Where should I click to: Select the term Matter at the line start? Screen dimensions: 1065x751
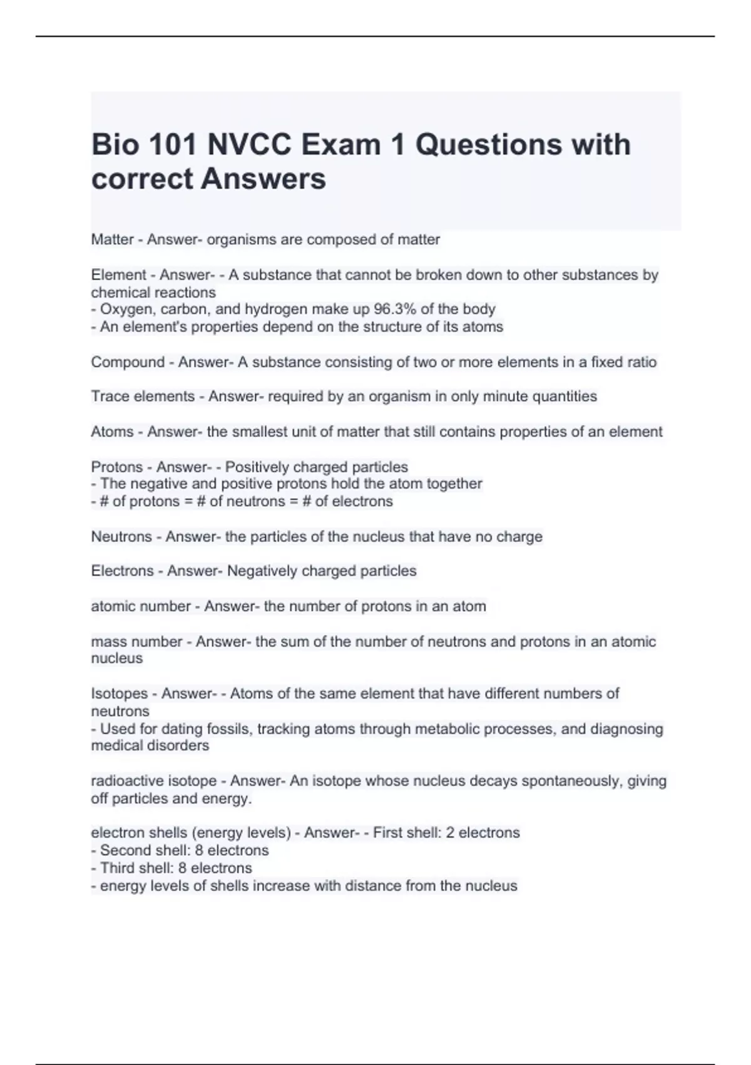coord(113,239)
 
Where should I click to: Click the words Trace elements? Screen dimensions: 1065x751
coord(143,396)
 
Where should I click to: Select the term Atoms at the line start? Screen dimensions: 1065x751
coord(113,432)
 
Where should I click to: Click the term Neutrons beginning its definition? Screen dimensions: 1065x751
coord(121,536)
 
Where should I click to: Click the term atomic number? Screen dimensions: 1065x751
coord(141,606)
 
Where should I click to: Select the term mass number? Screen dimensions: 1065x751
coord(137,642)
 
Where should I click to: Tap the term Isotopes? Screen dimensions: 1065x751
coord(122,694)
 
